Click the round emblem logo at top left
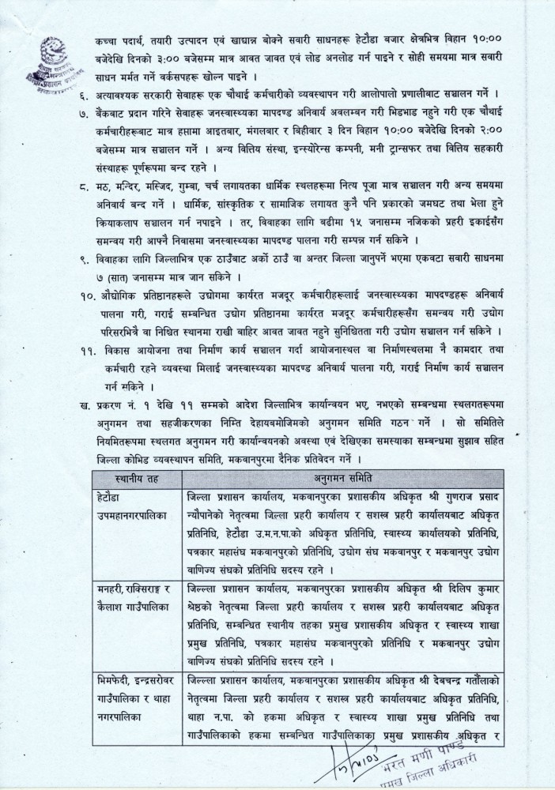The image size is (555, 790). click(x=39, y=55)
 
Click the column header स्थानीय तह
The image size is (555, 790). click(x=138, y=478)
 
